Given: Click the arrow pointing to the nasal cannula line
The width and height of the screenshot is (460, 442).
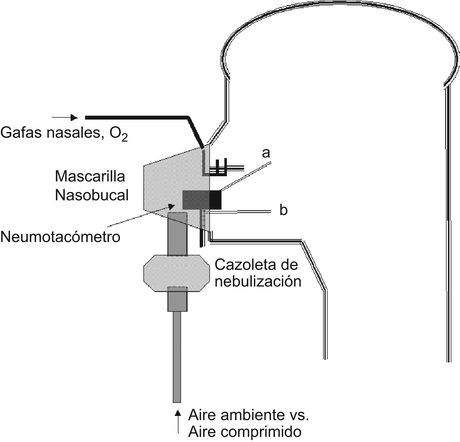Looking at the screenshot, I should pyautogui.click(x=65, y=117).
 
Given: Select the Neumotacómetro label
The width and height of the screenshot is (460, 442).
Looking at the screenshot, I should pyautogui.click(x=60, y=237).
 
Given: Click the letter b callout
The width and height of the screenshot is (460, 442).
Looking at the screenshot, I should pyautogui.click(x=283, y=211).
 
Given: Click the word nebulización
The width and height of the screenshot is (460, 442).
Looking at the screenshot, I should pyautogui.click(x=258, y=282).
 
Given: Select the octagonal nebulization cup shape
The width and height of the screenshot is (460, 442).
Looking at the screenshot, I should pyautogui.click(x=177, y=273).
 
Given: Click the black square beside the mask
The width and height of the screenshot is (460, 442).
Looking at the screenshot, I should pyautogui.click(x=215, y=200).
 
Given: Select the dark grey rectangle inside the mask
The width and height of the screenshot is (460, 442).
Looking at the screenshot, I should pyautogui.click(x=196, y=200).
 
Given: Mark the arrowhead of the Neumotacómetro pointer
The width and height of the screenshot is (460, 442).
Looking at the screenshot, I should pyautogui.click(x=171, y=205).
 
